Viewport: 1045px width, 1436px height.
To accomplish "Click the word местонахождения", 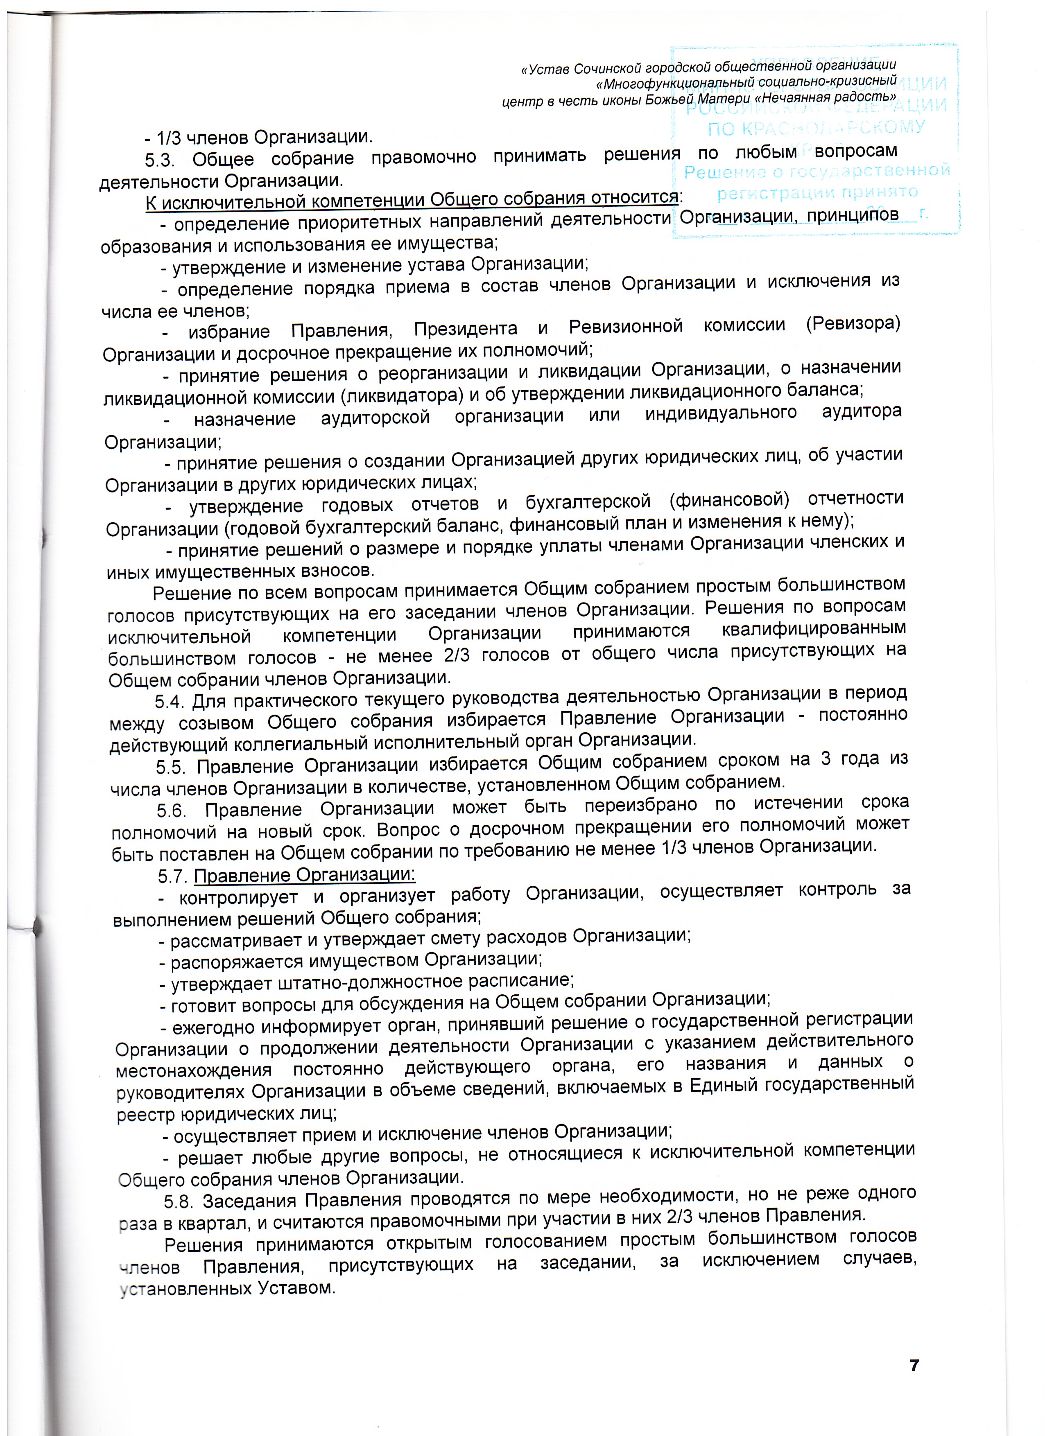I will [194, 1071].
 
